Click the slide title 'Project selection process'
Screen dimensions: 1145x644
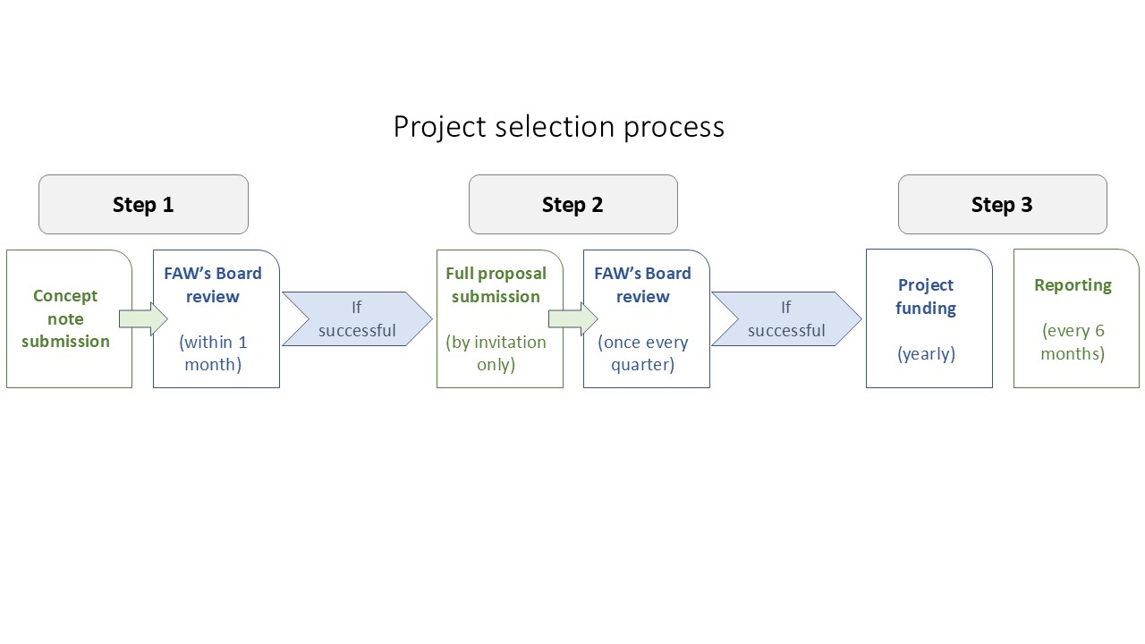(x=559, y=127)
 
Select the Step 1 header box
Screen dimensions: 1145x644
(x=144, y=205)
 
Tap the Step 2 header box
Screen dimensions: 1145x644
(x=573, y=205)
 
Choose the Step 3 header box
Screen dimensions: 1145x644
(x=1003, y=205)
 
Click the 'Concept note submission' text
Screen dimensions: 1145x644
(x=65, y=318)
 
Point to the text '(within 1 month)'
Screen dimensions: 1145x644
(x=213, y=353)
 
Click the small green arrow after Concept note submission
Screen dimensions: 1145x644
(x=143, y=319)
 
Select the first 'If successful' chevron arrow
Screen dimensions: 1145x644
(x=357, y=319)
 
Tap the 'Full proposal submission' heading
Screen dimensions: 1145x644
(x=496, y=284)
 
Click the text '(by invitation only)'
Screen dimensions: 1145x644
(x=496, y=353)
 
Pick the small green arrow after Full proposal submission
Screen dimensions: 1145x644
(x=573, y=319)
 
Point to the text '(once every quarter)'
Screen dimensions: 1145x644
(x=643, y=353)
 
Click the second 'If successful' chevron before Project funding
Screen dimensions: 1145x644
(x=786, y=319)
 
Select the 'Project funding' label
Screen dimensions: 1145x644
(x=926, y=296)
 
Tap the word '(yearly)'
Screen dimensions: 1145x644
(x=926, y=353)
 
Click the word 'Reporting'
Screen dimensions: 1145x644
(x=1073, y=285)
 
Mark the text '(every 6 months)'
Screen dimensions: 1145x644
(x=1073, y=342)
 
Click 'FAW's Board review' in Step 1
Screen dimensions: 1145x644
(x=213, y=284)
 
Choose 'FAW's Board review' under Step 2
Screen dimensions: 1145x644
(x=642, y=284)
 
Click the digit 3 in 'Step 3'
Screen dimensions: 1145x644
(x=1027, y=205)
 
